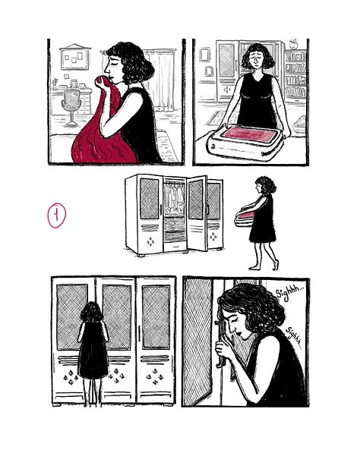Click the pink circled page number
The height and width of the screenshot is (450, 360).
coord(57,216)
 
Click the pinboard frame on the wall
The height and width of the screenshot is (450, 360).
coord(74,58)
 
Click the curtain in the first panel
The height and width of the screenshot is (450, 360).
coord(163,80)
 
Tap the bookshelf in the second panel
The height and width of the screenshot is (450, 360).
coord(295,75)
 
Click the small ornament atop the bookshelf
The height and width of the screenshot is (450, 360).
coord(293,44)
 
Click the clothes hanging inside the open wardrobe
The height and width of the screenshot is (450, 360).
coord(175,198)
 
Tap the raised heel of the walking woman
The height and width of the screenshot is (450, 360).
coord(276,265)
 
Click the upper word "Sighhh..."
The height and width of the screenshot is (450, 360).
coord(289,293)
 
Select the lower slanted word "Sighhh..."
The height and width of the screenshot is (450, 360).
coord(294,338)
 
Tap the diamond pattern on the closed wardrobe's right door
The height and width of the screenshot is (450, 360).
coord(155,376)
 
